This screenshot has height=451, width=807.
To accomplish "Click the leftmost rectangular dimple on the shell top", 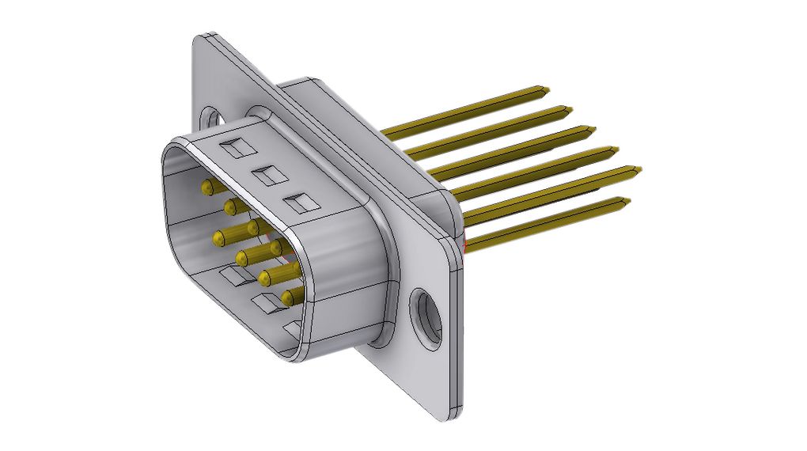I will pyautogui.click(x=236, y=148).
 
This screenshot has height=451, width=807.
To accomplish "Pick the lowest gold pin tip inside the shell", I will pyautogui.click(x=288, y=297).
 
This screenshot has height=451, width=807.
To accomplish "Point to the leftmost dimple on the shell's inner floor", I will pyautogui.click(x=233, y=277).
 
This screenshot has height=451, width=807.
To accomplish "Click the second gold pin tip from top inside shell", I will pyautogui.click(x=232, y=207).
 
